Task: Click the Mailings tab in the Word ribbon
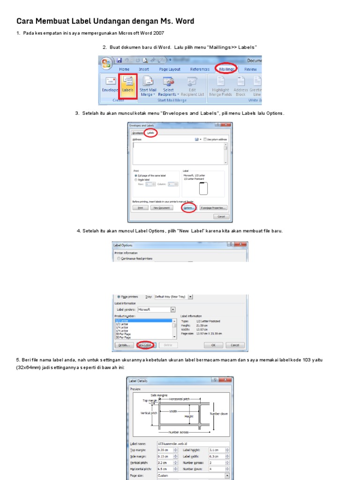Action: (x=226, y=69)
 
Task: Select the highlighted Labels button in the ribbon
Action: (x=127, y=85)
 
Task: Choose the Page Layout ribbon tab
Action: (x=169, y=69)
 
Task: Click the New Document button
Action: (x=161, y=208)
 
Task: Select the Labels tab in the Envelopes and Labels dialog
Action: (x=150, y=133)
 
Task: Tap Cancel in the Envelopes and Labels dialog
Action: (x=220, y=217)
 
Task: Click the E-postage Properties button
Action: (x=213, y=208)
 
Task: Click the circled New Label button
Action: (x=146, y=345)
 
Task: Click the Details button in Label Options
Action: (x=123, y=345)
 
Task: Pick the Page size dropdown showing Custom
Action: (x=193, y=475)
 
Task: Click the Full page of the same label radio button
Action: (x=136, y=175)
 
